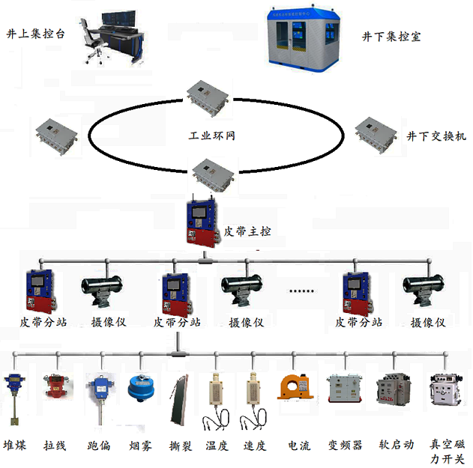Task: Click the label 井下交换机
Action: point(436,136)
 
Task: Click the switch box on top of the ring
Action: point(205,94)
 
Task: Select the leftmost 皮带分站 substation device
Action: point(39,290)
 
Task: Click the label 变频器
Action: point(345,445)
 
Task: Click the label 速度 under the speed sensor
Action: point(255,445)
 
